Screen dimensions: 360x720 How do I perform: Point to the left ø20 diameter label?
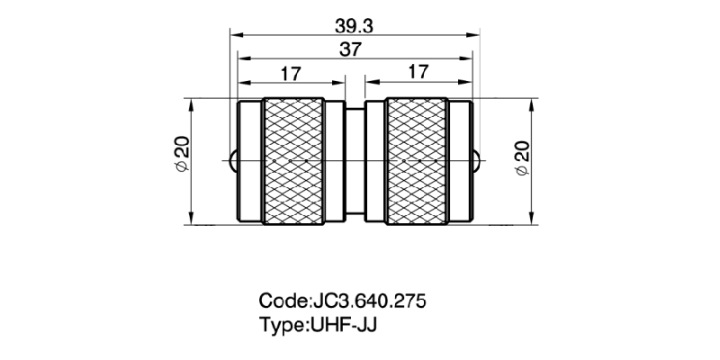[181, 159]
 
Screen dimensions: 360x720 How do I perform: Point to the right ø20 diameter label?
[522, 159]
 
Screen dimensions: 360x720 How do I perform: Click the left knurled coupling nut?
[292, 159]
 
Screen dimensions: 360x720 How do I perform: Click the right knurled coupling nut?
[416, 159]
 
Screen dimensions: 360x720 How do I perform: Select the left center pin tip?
[233, 160]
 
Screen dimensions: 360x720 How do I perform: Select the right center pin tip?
[477, 160]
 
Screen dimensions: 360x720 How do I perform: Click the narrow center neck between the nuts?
[355, 159]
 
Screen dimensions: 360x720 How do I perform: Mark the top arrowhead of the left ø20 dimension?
[192, 103]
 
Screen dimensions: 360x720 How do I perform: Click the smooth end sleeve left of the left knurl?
[248, 159]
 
